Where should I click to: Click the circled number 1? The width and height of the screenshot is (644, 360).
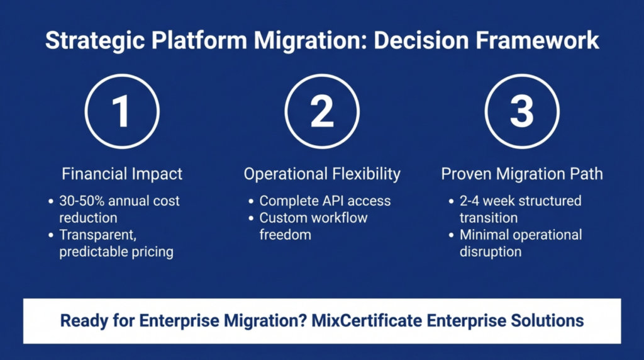121,111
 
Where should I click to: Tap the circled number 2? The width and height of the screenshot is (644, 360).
321,111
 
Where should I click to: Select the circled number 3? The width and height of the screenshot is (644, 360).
521,111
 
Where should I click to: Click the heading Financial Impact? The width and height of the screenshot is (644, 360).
121,173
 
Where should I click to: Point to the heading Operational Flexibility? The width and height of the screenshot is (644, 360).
321,173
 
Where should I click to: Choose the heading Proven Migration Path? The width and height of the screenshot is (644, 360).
521,173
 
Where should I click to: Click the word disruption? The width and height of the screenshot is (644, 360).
491,251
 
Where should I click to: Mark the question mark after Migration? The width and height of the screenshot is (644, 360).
303,321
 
